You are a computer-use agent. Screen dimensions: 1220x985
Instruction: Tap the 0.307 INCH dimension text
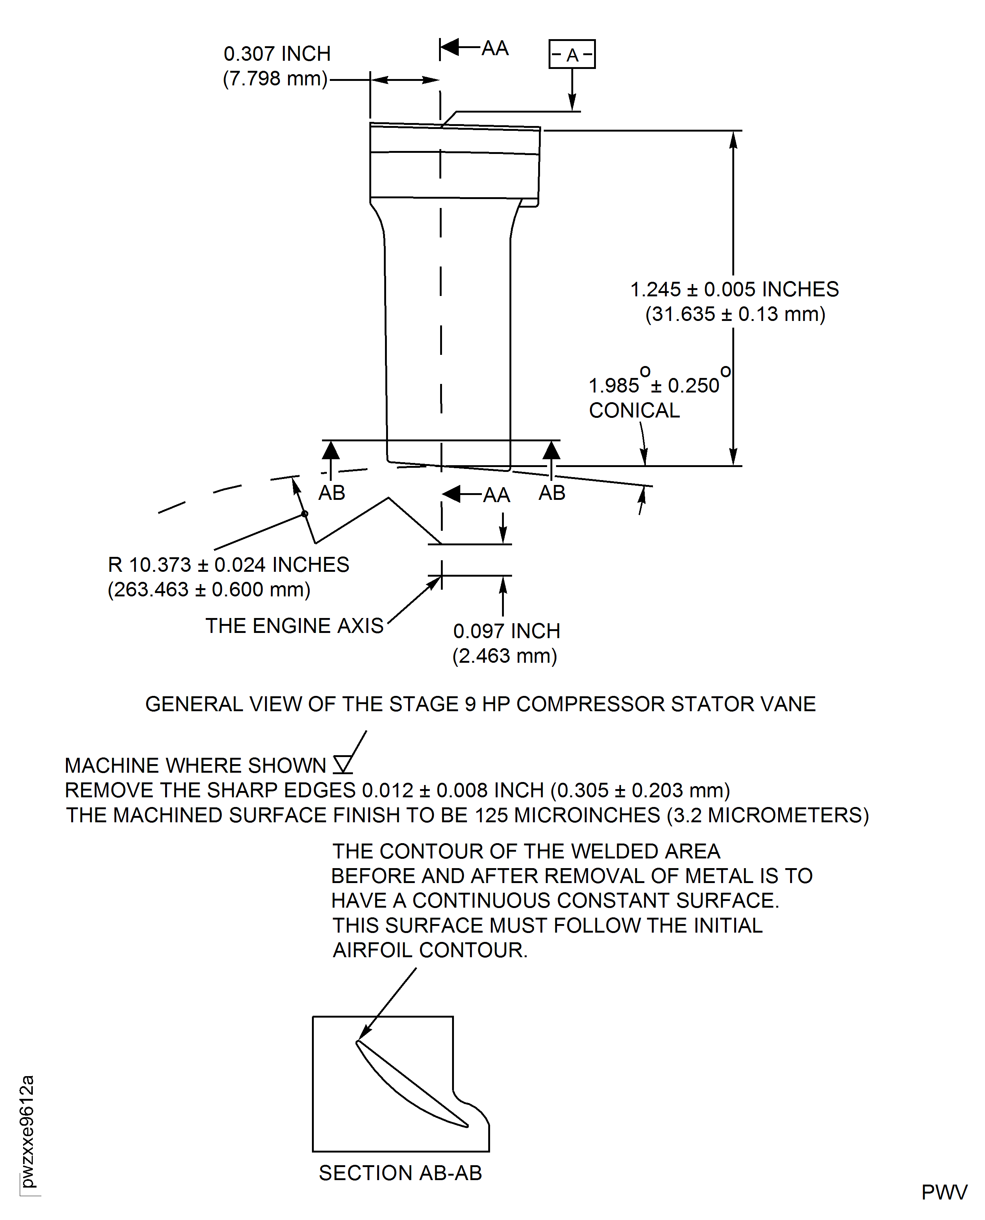[277, 54]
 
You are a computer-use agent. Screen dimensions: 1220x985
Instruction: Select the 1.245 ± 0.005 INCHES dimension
[734, 289]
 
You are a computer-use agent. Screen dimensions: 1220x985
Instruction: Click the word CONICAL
[634, 410]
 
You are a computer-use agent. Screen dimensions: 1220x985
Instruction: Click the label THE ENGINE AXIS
[294, 625]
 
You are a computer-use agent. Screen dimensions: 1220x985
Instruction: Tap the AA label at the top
[495, 48]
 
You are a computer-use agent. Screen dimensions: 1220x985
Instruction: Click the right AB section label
[552, 492]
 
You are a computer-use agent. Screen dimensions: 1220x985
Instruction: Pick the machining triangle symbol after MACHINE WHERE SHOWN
[343, 765]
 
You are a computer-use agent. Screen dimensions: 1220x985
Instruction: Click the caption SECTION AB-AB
[400, 1173]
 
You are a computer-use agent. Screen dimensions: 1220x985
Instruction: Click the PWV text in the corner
[944, 1193]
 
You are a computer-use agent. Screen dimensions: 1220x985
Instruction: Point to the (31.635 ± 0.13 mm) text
[735, 314]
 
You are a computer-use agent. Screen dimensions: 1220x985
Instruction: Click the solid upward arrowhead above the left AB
[331, 451]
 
